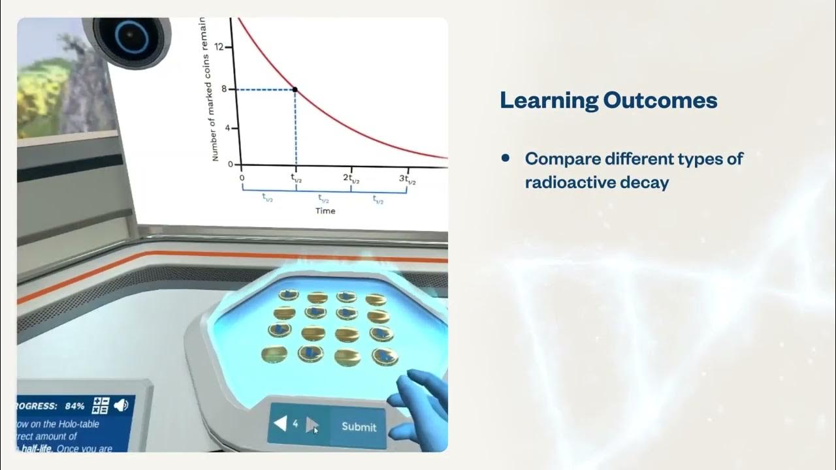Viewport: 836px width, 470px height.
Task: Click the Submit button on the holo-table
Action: [x=359, y=426]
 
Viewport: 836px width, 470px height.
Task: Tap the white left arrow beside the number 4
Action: [x=280, y=424]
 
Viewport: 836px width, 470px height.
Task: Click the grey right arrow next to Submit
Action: [x=313, y=425]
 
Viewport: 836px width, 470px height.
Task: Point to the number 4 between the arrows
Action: [x=295, y=424]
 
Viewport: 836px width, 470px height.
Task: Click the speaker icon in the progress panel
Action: [x=121, y=405]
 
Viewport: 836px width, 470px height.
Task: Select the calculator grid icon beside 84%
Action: [x=100, y=405]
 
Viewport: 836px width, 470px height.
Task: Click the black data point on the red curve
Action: [x=295, y=89]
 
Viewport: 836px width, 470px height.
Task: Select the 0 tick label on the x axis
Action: [x=242, y=178]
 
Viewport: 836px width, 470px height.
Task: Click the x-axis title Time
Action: [x=325, y=211]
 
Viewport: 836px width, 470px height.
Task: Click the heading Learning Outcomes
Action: [x=608, y=101]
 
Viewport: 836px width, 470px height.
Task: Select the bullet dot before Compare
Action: [x=506, y=158]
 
